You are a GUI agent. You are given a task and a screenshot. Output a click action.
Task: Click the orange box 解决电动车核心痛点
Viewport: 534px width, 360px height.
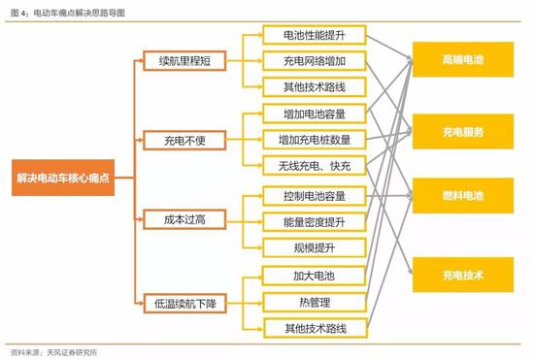point(63,178)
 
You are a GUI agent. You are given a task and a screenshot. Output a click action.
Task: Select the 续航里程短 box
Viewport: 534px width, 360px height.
point(184,61)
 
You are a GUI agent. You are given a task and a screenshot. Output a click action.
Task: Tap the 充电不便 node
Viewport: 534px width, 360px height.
point(184,140)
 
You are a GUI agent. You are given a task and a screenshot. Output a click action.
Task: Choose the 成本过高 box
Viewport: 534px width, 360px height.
point(184,219)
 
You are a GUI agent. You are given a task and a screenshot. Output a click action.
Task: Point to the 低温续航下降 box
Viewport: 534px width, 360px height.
point(184,303)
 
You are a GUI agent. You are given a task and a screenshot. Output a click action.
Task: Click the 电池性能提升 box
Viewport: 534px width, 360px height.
point(315,35)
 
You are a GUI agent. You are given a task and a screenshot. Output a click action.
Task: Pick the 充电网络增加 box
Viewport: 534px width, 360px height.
point(315,61)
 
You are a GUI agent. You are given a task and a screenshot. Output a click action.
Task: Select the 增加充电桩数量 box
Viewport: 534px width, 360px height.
point(315,140)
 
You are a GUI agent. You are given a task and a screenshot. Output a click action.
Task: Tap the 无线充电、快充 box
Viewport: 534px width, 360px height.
point(315,166)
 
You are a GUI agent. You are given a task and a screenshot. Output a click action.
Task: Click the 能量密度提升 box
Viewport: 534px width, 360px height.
point(315,222)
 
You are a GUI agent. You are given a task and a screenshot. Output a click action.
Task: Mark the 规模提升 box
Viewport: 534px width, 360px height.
point(315,247)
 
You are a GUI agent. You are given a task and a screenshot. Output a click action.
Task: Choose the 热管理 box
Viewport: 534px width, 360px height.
point(315,302)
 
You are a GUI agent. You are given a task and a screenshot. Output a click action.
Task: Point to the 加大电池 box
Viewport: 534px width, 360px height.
point(314,276)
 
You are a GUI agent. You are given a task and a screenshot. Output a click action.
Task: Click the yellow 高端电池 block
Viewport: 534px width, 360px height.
point(463,59)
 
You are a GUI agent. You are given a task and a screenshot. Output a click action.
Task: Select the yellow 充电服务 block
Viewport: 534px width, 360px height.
point(463,132)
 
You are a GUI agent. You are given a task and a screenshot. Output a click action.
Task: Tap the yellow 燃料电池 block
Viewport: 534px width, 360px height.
point(463,196)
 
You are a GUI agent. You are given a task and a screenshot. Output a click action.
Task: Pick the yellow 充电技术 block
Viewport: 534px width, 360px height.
point(463,275)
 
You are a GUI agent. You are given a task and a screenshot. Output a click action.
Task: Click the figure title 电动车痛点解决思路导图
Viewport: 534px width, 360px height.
point(80,13)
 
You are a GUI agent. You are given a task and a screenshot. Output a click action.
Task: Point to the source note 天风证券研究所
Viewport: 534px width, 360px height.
point(72,352)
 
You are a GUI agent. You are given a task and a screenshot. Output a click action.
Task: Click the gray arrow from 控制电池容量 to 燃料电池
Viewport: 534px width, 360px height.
point(389,196)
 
